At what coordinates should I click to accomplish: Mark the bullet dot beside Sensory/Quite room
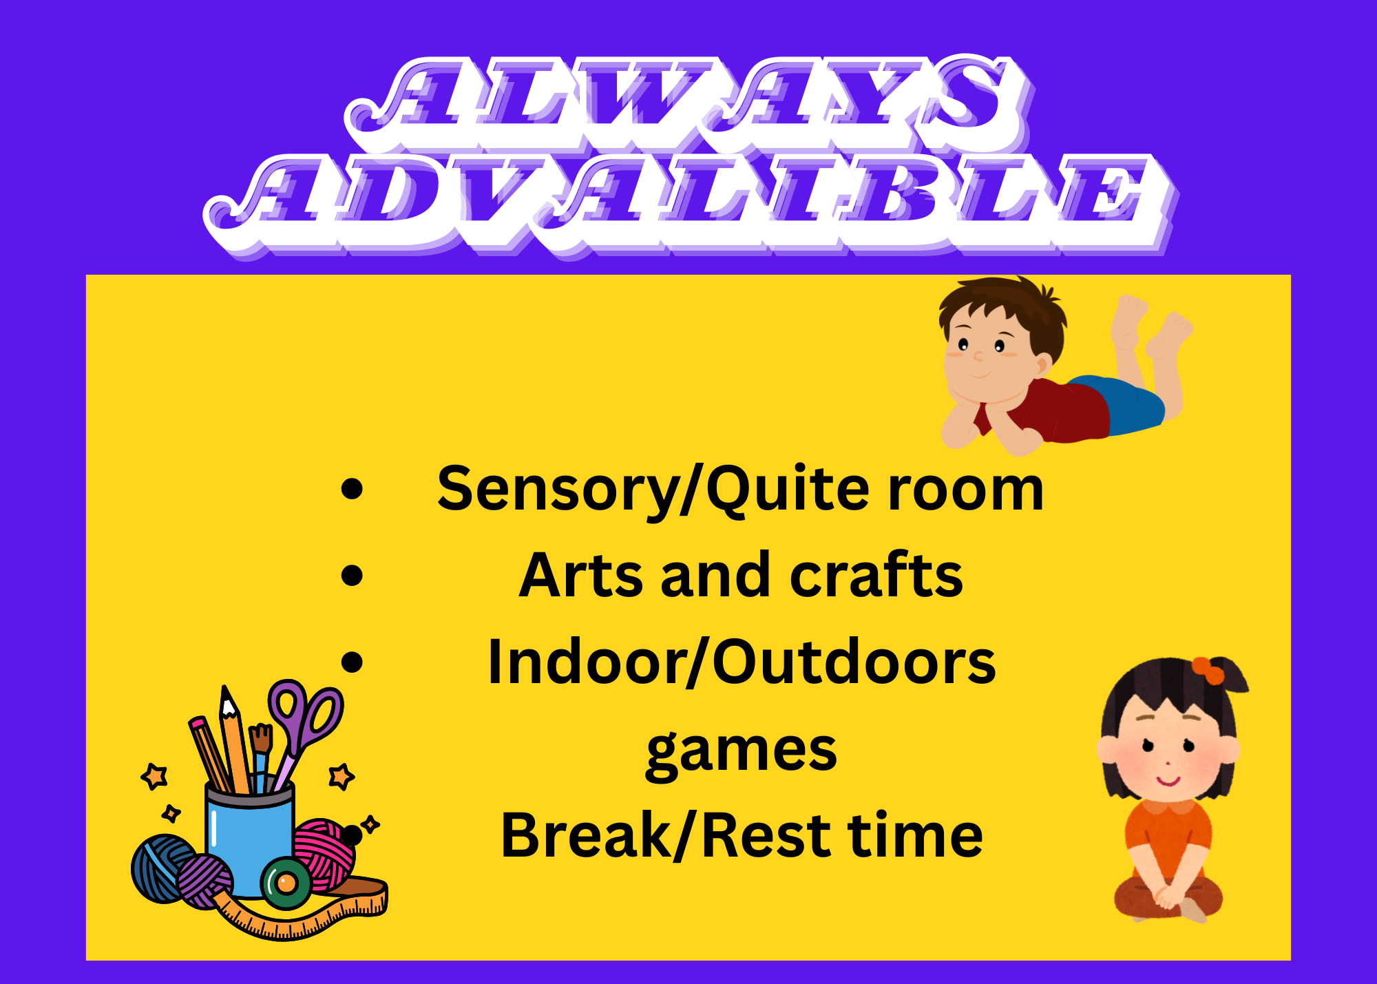click(x=352, y=489)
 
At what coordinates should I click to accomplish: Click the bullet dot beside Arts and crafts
click(x=352, y=576)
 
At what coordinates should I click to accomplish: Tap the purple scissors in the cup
click(x=303, y=723)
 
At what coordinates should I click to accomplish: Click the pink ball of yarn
click(x=324, y=854)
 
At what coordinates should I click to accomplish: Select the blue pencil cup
click(x=251, y=840)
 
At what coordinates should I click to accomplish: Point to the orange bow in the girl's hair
click(x=1208, y=671)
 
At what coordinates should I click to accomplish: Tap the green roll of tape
click(x=286, y=883)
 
